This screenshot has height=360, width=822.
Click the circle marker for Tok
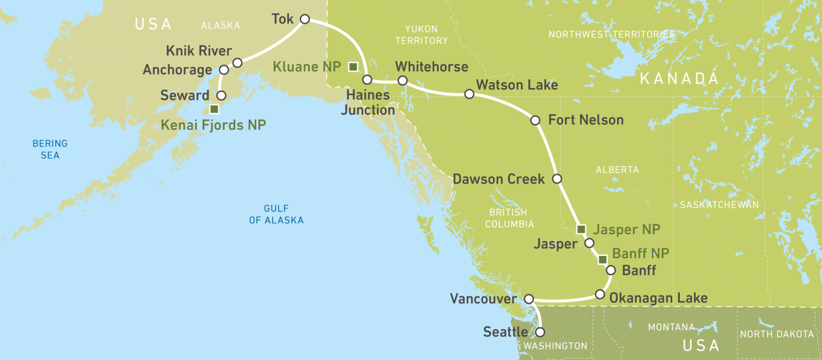pos(305,19)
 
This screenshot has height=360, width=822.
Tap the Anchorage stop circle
pos(224,70)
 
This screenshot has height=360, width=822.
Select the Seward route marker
pos(221,95)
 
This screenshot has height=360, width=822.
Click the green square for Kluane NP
pos(353,67)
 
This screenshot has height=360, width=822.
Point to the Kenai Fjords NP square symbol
pos(214,109)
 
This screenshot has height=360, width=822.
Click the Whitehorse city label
pos(432,67)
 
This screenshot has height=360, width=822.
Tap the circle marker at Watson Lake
pos(469,94)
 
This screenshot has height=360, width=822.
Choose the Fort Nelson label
pos(585,120)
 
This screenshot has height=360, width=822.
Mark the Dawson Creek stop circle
pos(557,179)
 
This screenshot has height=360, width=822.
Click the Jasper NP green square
pos(581,229)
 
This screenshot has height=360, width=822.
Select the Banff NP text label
pos(640,253)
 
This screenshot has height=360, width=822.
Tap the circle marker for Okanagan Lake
pos(600,294)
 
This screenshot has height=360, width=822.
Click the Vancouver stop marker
pos(529,299)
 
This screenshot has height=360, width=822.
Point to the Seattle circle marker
pos(540,332)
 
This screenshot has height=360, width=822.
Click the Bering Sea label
pos(50,149)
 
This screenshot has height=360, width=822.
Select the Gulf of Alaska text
pos(276,214)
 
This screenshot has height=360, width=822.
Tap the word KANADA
pos(679,79)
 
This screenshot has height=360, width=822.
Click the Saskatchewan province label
pos(719,205)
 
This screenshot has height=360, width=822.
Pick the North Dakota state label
pos(777,334)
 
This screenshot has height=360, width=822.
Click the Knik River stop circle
pos(237,63)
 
